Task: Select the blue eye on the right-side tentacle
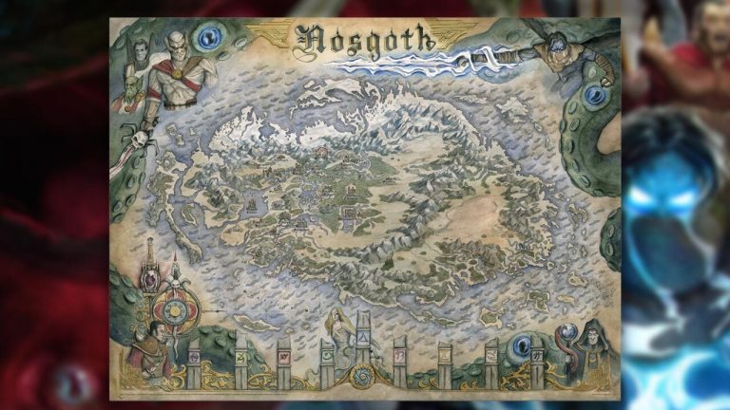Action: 595,94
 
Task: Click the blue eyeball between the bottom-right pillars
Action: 520,346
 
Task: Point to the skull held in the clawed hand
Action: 142,140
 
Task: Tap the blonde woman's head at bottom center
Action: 340,317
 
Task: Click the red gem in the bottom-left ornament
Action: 150,274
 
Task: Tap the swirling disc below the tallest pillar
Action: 365,377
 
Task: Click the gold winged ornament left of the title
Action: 272,30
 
